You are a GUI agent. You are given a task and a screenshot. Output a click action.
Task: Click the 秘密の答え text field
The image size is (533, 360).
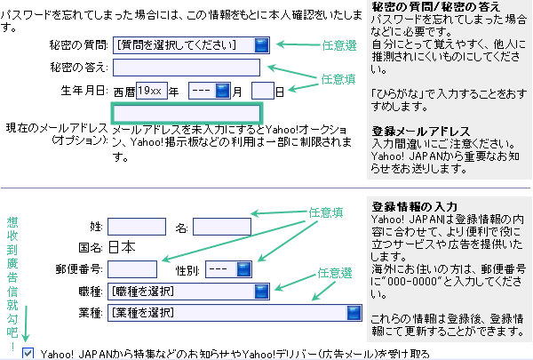[187, 68]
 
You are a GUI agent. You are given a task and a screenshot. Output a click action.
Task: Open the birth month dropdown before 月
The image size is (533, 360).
[210, 91]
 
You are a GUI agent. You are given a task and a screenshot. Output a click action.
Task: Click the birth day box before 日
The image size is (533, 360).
[262, 91]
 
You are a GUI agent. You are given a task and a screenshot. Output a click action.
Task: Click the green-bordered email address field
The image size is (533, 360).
[187, 113]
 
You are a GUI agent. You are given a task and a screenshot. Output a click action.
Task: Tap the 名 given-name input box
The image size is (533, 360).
[221, 227]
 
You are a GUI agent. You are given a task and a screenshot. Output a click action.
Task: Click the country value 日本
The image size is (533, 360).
[121, 247]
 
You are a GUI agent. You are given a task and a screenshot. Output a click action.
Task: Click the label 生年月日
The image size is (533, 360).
[84, 91]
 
